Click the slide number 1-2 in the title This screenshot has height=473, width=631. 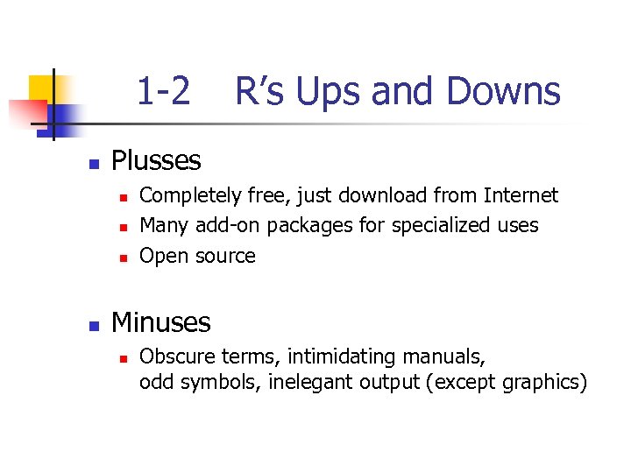pyautogui.click(x=163, y=91)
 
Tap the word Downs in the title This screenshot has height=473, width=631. pyautogui.click(x=503, y=91)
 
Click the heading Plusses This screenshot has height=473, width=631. pyautogui.click(x=156, y=160)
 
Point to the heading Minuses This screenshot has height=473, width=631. pyautogui.click(x=160, y=322)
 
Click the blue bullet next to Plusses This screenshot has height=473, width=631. pyautogui.click(x=93, y=163)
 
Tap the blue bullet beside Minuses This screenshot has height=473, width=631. pyautogui.click(x=93, y=325)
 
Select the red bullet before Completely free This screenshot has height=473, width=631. pyautogui.click(x=124, y=197)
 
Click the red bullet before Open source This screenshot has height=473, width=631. pyautogui.click(x=124, y=258)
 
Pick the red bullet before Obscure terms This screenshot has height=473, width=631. pyautogui.click(x=124, y=359)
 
